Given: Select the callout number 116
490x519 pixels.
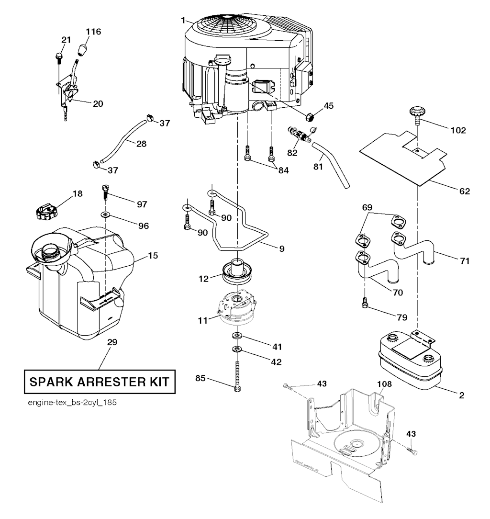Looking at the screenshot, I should coord(94,32).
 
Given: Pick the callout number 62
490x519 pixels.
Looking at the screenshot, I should coord(464,192).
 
